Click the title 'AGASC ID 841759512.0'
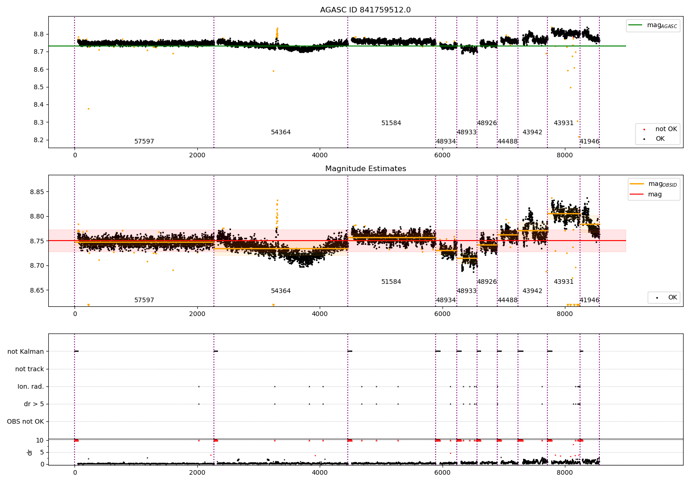(x=365, y=10)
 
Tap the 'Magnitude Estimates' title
(x=365, y=169)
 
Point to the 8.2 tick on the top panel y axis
(x=38, y=140)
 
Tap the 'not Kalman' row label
(x=26, y=351)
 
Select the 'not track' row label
(x=29, y=369)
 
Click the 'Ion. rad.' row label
(x=31, y=386)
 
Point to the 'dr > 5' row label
(x=34, y=404)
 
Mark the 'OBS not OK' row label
(x=26, y=421)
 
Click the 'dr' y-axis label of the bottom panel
(x=30, y=452)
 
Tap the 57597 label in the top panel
(x=144, y=142)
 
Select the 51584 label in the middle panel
(x=391, y=282)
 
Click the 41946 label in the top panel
(x=589, y=142)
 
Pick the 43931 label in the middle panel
(x=563, y=282)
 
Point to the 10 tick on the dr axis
(x=40, y=440)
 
